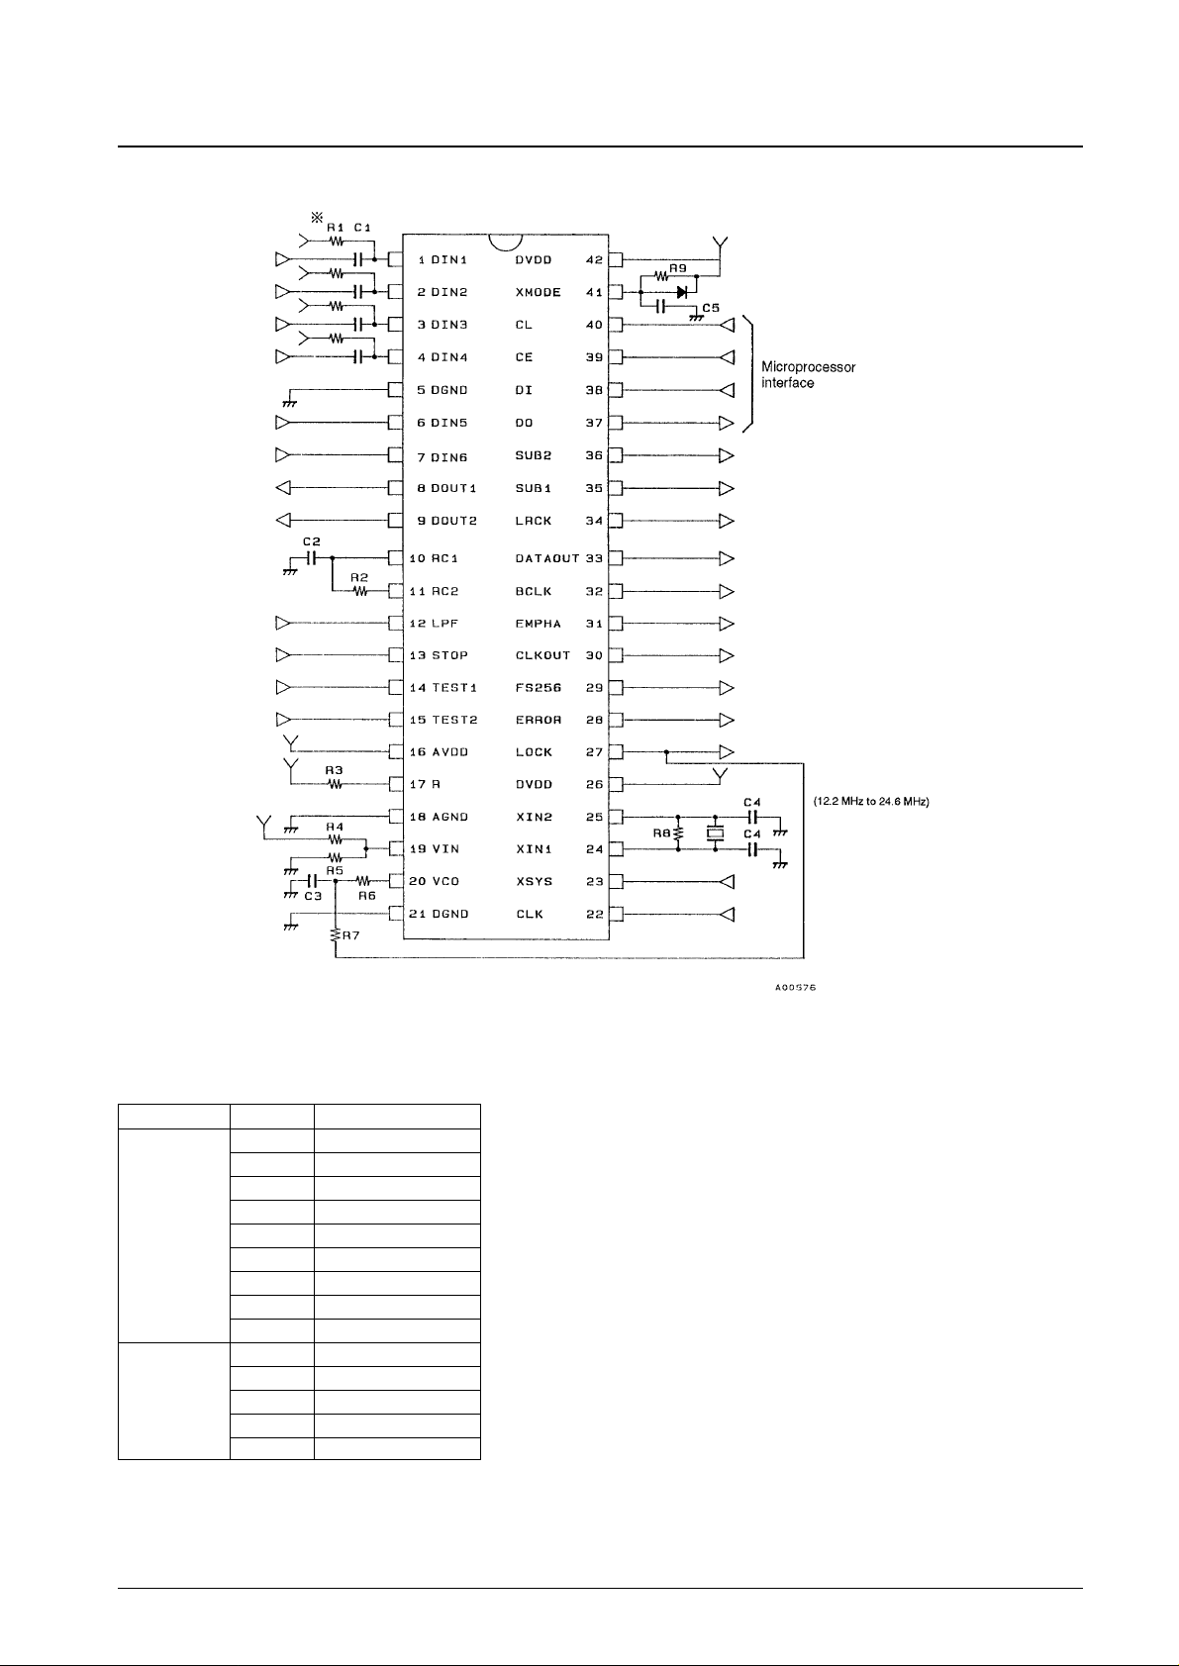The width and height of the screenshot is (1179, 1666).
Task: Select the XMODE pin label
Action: tap(538, 293)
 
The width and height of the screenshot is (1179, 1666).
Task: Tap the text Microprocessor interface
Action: tap(808, 375)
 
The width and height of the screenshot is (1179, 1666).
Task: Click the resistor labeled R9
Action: tap(661, 279)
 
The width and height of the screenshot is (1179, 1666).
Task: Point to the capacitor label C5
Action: tap(710, 308)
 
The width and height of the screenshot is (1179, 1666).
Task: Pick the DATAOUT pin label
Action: tap(546, 559)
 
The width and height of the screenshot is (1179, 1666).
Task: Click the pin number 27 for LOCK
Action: tap(594, 752)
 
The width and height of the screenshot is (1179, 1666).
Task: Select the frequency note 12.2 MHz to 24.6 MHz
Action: tap(869, 801)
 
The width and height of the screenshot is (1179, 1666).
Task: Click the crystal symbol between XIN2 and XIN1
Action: tap(716, 833)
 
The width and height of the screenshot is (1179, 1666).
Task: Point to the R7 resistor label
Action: tap(350, 934)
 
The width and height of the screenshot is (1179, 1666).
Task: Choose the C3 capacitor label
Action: tap(313, 895)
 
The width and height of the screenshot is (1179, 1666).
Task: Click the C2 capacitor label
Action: tap(311, 541)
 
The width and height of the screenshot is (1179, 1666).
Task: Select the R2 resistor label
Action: tap(358, 576)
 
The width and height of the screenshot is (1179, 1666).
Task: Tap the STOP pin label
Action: tap(449, 655)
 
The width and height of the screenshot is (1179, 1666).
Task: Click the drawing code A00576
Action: tap(795, 988)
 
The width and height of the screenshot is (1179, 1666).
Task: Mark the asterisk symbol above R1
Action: tap(317, 217)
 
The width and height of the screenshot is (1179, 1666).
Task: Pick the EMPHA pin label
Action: tap(539, 624)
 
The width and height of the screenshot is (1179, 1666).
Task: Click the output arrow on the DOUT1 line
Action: tap(282, 488)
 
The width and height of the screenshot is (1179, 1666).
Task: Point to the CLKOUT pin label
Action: tap(542, 655)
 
